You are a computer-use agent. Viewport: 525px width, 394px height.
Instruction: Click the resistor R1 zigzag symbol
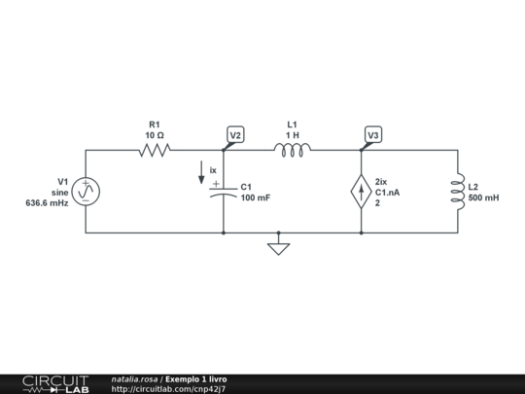click(x=155, y=150)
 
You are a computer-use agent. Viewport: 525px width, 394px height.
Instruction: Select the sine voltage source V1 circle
click(x=86, y=192)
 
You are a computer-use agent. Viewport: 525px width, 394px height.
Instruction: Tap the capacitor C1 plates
click(x=224, y=193)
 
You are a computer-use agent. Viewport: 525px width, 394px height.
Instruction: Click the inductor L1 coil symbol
click(x=293, y=150)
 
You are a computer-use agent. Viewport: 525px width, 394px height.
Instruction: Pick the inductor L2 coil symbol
click(x=458, y=192)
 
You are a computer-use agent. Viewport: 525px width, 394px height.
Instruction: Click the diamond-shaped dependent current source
click(x=362, y=192)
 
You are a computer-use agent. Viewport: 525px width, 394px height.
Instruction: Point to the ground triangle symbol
click(x=279, y=249)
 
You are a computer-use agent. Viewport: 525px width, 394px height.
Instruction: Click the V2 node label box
click(x=235, y=134)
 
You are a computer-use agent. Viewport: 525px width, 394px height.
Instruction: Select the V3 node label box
click(x=373, y=134)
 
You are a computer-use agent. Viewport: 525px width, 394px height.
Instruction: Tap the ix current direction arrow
click(x=201, y=172)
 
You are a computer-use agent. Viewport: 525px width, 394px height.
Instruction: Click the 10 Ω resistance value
click(x=155, y=135)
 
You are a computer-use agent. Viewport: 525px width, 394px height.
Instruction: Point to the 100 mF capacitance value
click(x=256, y=197)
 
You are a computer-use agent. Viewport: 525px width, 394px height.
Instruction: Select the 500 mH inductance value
click(x=483, y=197)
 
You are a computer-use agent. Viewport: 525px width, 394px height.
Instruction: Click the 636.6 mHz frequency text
click(x=48, y=203)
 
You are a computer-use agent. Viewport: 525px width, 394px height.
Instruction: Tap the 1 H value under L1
click(x=293, y=135)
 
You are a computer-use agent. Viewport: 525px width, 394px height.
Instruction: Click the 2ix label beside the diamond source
click(x=381, y=182)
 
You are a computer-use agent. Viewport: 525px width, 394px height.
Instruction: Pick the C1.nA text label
click(x=387, y=193)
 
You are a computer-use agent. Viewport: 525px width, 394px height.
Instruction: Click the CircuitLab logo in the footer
click(x=56, y=384)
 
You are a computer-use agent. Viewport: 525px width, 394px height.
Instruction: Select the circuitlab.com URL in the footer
click(x=168, y=389)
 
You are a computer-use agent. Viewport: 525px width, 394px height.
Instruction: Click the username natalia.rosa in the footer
click(x=134, y=379)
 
